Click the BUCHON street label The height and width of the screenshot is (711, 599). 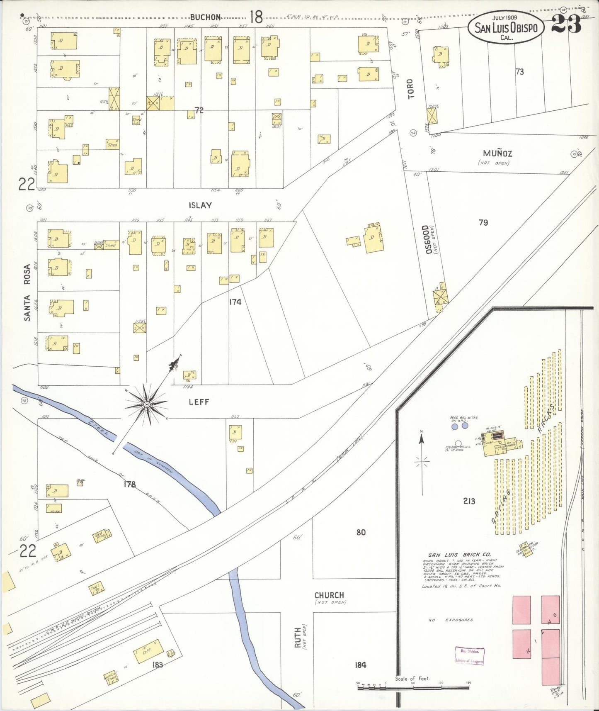tap(206, 17)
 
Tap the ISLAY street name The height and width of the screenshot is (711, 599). tap(200, 205)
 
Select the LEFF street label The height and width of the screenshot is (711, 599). tap(199, 402)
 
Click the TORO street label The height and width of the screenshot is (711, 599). tap(410, 89)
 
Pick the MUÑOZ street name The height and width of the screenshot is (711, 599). tap(497, 153)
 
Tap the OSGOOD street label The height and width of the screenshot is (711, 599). tap(426, 239)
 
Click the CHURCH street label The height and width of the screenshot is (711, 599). tap(329, 595)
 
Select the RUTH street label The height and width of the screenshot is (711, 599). tap(298, 639)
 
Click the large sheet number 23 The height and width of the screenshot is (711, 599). tap(566, 25)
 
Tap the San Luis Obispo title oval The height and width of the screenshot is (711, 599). tap(506, 27)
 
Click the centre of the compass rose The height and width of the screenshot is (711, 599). tap(147, 404)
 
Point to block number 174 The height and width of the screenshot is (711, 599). tap(235, 302)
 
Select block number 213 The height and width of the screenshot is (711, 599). tap(469, 501)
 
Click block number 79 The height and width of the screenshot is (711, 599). tap(483, 223)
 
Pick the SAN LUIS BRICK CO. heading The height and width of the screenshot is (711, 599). tap(459, 555)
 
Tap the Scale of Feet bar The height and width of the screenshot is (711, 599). tap(413, 687)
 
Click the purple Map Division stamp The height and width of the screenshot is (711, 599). tap(469, 656)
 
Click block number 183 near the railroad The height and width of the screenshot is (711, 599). tap(158, 665)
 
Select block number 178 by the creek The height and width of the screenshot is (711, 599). tap(129, 484)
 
